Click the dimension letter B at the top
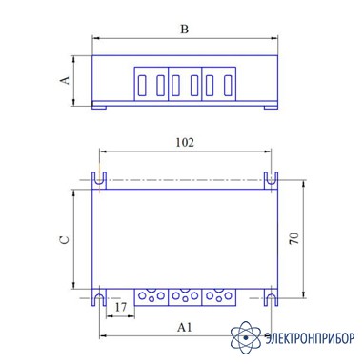click(184, 30)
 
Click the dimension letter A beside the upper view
click(65, 80)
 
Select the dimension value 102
click(185, 143)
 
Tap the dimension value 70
click(294, 238)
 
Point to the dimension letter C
click(65, 239)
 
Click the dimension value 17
click(120, 307)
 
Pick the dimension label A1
click(185, 327)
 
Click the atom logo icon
click(246, 337)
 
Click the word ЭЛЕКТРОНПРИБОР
click(310, 338)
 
